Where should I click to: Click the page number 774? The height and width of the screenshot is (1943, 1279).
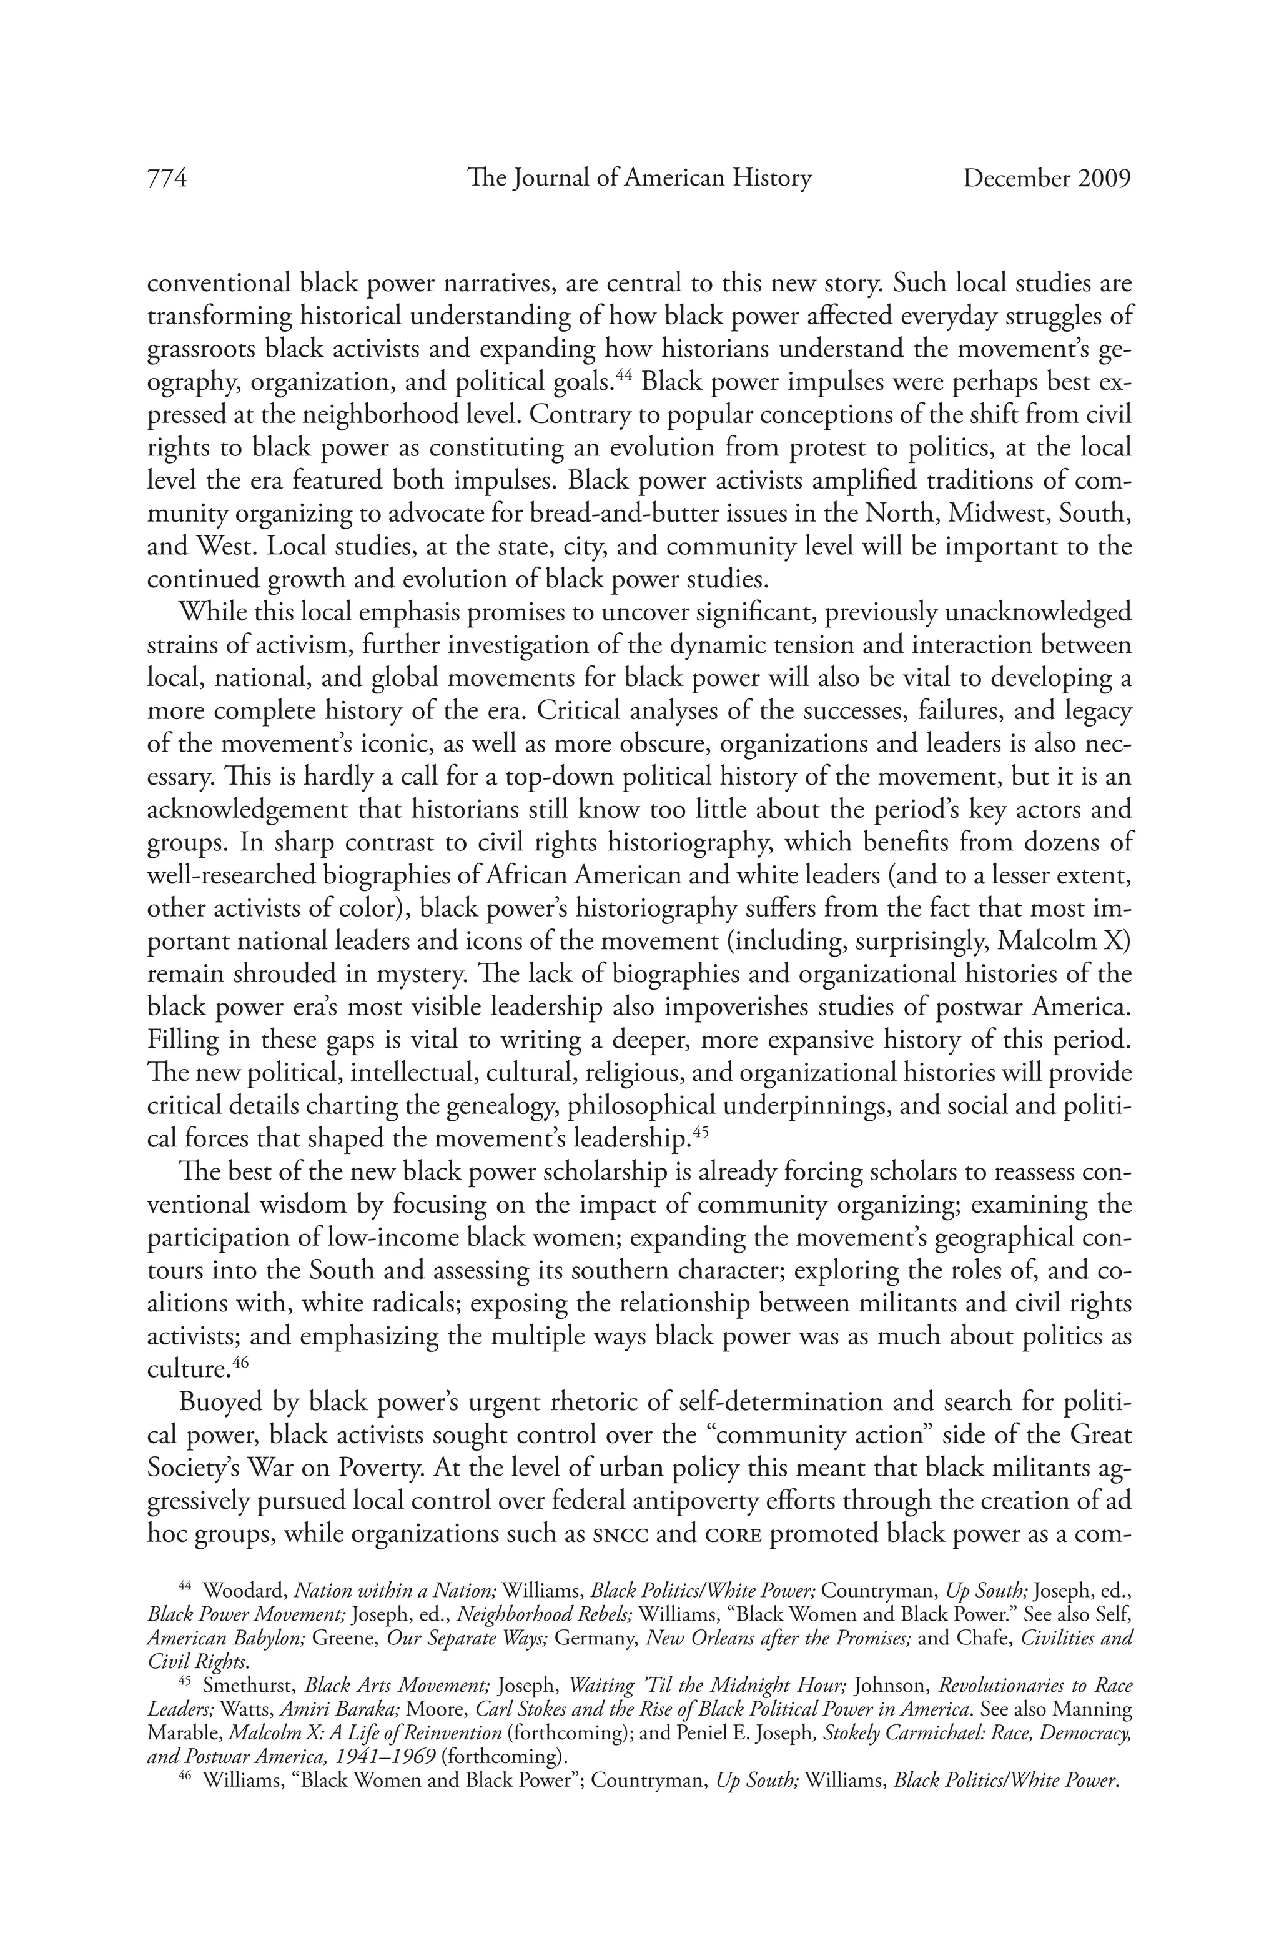click(167, 178)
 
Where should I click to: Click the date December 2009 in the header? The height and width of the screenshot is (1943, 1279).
click(1047, 178)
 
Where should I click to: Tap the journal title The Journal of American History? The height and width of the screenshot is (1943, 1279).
click(639, 178)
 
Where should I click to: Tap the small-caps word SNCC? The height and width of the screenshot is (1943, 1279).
click(623, 1536)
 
